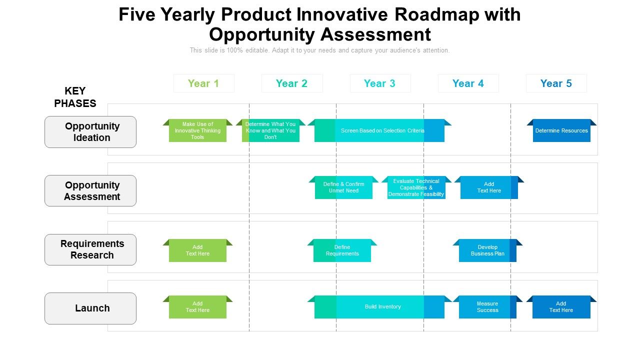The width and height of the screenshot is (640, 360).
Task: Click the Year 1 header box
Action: (x=203, y=83)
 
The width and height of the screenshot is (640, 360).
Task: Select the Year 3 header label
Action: (x=379, y=83)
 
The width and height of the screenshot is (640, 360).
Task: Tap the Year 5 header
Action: (x=556, y=83)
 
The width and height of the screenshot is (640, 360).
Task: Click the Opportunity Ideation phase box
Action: (x=90, y=132)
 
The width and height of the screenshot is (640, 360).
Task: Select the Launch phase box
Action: (x=90, y=308)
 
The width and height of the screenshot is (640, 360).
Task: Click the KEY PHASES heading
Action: (x=75, y=97)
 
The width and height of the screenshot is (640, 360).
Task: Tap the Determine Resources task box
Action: (x=561, y=131)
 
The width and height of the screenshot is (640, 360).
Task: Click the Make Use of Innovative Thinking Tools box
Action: (x=197, y=131)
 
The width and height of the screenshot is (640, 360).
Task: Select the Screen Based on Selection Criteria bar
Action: (x=382, y=131)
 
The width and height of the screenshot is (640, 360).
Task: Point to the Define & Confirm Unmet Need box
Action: (x=343, y=187)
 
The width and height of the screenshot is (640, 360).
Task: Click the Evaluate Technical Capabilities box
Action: (x=416, y=187)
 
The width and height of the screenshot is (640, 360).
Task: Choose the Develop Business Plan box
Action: (x=487, y=250)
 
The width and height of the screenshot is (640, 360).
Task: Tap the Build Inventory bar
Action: (x=382, y=307)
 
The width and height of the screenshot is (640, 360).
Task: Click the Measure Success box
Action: (x=487, y=307)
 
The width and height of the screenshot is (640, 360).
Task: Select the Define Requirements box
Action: (x=342, y=250)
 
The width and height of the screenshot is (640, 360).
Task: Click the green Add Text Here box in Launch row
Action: (x=197, y=307)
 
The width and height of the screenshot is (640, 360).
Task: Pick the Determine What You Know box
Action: (x=270, y=131)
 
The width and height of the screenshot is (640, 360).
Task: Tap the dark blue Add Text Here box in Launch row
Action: (x=561, y=307)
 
